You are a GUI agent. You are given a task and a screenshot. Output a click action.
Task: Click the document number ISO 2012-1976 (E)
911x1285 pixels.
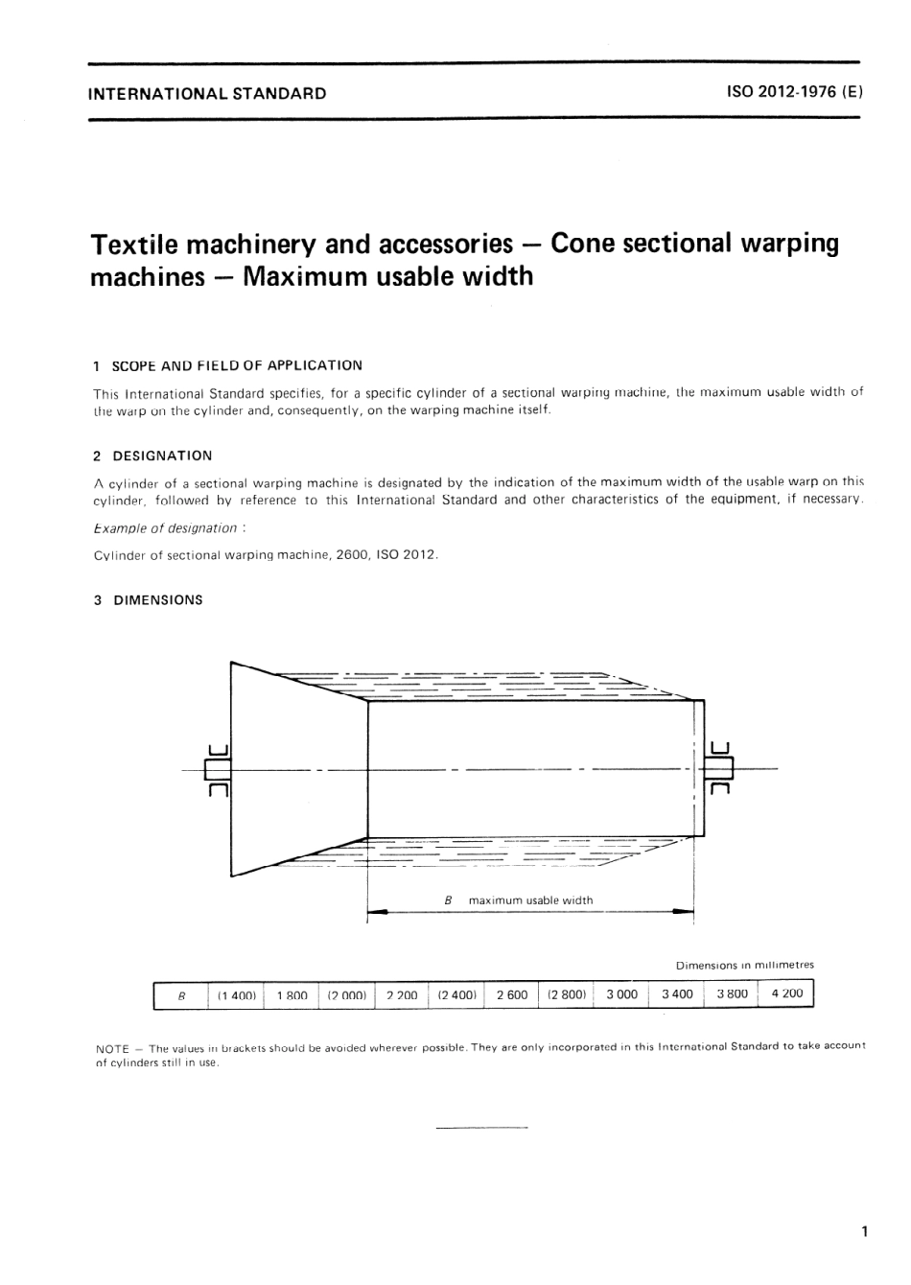click(795, 93)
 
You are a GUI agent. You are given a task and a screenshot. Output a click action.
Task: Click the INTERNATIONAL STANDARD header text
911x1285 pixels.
click(206, 94)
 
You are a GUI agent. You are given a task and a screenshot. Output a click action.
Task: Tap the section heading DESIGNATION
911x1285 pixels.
click(162, 456)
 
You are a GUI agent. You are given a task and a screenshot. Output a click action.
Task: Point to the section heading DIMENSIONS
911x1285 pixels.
click(158, 600)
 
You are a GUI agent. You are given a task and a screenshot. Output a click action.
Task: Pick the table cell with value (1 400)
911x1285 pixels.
click(236, 995)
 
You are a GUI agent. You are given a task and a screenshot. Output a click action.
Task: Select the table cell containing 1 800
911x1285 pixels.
click(292, 995)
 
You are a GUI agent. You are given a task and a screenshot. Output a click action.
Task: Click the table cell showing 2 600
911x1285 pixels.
click(512, 994)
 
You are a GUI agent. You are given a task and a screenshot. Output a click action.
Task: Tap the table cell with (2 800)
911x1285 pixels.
click(567, 994)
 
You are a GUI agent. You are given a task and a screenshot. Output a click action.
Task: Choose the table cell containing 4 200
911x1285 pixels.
click(786, 993)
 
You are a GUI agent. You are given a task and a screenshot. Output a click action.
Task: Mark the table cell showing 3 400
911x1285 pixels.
click(677, 993)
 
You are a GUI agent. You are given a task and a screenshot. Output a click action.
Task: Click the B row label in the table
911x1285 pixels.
click(181, 996)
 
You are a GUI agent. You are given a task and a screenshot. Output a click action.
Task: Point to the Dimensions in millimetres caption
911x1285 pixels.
click(744, 965)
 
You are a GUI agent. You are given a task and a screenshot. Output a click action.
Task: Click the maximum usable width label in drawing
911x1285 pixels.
click(530, 900)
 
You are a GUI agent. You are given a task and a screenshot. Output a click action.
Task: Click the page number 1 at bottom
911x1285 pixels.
click(864, 1231)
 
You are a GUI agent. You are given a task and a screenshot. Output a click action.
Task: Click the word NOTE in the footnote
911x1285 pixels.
click(112, 1048)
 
